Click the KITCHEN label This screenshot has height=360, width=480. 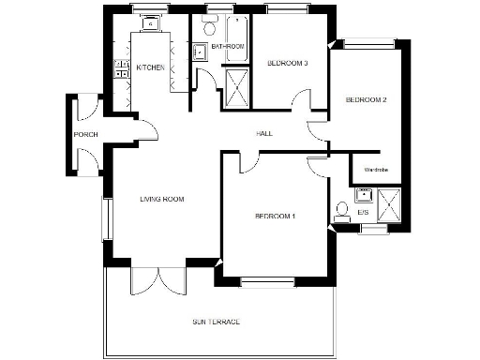[x=151, y=68]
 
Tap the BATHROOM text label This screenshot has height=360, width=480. [x=228, y=46]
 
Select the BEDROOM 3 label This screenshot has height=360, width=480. [x=287, y=63]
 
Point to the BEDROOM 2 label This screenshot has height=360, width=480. [x=366, y=99]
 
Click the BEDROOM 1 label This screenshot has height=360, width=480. [x=275, y=217]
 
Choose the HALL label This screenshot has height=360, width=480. [x=264, y=134]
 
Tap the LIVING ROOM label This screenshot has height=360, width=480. [x=160, y=199]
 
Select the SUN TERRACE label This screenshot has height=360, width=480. [x=216, y=322]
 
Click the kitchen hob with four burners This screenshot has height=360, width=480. [x=120, y=67]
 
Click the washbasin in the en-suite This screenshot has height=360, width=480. [x=364, y=195]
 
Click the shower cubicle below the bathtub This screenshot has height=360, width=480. [x=237, y=85]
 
